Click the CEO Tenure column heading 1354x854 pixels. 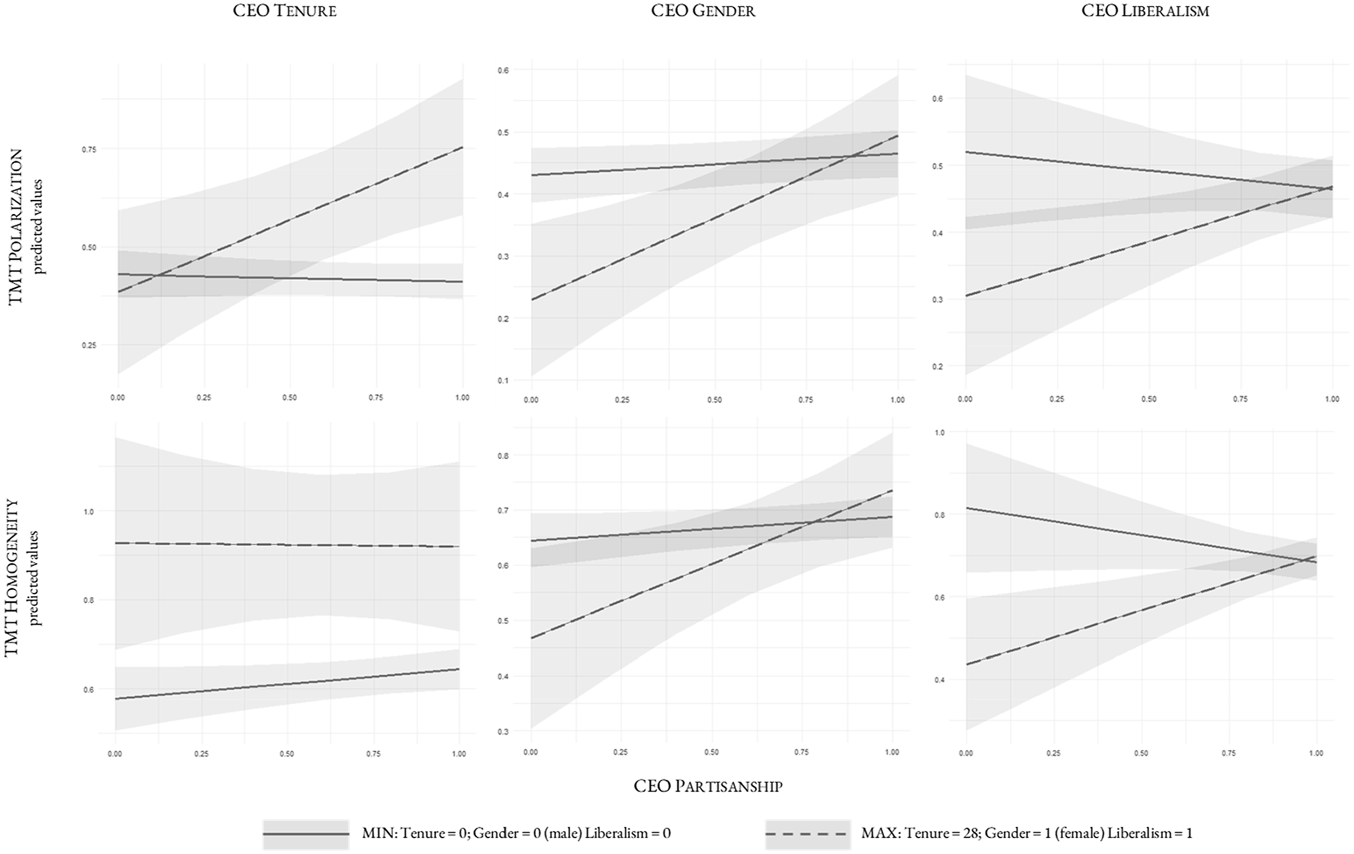click(x=285, y=11)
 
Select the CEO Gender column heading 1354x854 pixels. click(x=703, y=11)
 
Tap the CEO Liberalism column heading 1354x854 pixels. click(x=1145, y=11)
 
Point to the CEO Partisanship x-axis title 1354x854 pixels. click(x=708, y=786)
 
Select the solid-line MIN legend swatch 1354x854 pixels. click(x=306, y=833)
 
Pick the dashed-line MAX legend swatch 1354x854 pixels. click(x=808, y=833)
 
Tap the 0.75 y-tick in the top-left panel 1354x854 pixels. click(x=89, y=149)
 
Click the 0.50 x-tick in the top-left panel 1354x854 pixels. click(x=289, y=398)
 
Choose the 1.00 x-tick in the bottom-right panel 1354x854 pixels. click(x=1316, y=753)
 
